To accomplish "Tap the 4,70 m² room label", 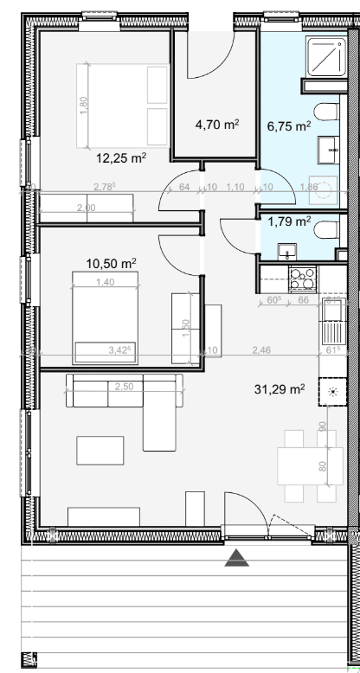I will pyautogui.click(x=216, y=124).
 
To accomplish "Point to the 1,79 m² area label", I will pyautogui.click(x=290, y=221).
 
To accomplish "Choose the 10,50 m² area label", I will pyautogui.click(x=113, y=262).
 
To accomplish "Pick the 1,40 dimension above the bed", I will pyautogui.click(x=104, y=283).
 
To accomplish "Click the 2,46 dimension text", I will pyautogui.click(x=260, y=349).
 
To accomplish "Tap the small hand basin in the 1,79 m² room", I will pyautogui.click(x=286, y=251).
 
